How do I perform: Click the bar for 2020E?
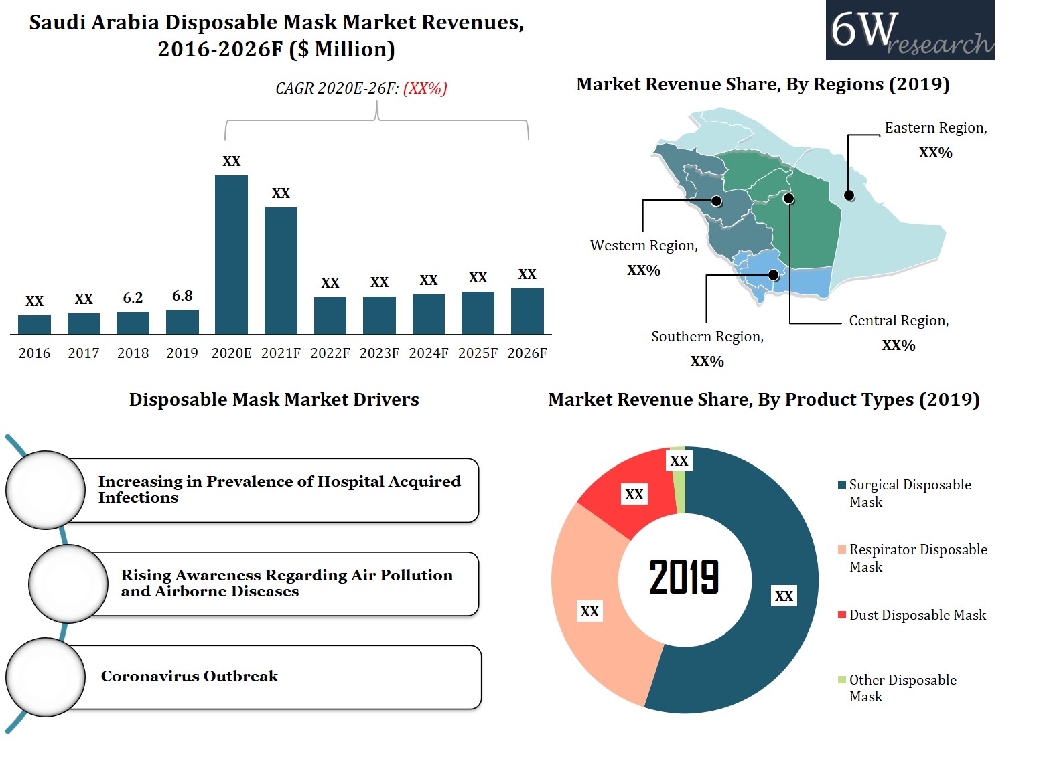coord(231,254)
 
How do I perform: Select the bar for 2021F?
coord(281,270)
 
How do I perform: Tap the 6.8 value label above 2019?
coord(182,296)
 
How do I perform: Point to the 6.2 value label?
coord(133,298)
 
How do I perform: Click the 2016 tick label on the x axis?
coord(34,353)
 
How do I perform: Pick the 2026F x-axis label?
coord(527,353)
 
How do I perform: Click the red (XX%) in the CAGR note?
coord(425,88)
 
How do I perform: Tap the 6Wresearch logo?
coord(910,30)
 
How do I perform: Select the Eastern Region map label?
coord(936,128)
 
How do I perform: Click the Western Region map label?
coord(644,246)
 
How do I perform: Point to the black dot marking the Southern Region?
coord(773,275)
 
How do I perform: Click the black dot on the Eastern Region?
coord(849,196)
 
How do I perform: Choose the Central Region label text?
coord(899,321)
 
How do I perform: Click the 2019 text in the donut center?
coord(684,577)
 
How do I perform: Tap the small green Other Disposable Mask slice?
coord(679,479)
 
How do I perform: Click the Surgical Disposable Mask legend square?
coord(842,485)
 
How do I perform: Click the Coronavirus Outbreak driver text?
coord(190,676)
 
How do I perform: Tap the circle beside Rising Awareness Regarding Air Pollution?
coord(68,584)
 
